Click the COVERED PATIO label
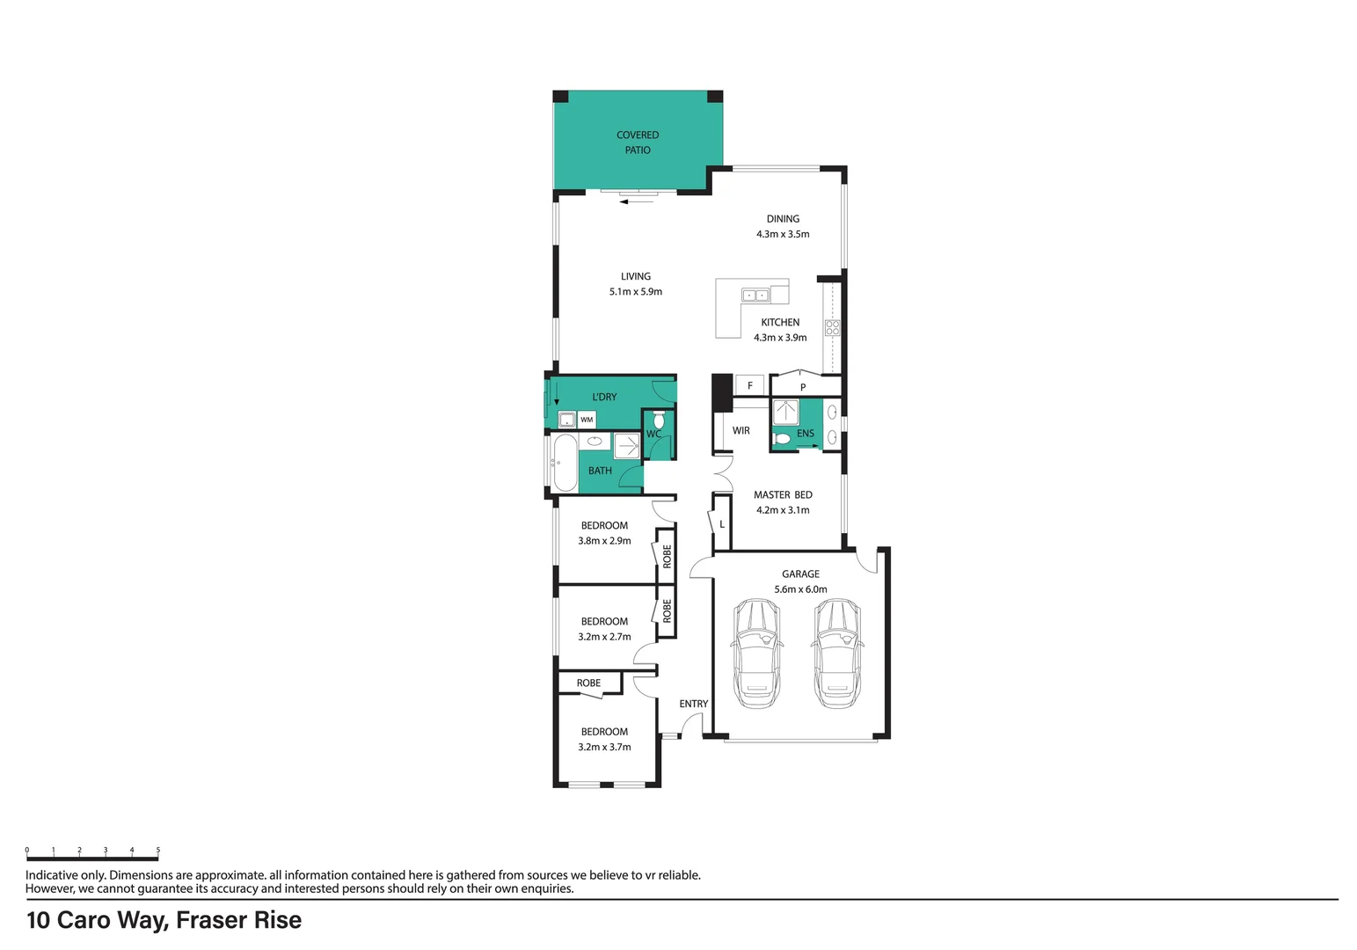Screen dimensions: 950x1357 tap(638, 142)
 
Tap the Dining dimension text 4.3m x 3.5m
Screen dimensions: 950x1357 tap(783, 234)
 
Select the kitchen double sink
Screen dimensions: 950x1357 tap(755, 295)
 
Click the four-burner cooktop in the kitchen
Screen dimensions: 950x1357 tap(832, 328)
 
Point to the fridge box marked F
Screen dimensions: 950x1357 tap(749, 385)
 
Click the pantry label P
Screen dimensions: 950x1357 tap(803, 387)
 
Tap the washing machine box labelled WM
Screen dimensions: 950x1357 tap(587, 420)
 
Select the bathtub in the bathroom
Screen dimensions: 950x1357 tap(564, 463)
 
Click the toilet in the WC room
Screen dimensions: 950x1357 tap(660, 421)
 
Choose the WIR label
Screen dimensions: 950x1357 tap(741, 431)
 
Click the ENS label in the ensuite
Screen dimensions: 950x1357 tap(806, 434)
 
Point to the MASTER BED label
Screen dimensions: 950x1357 tap(783, 495)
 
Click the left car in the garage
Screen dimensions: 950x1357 tap(755, 653)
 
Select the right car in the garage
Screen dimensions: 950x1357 tap(836, 653)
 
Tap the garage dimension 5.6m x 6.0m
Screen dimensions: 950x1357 tap(800, 589)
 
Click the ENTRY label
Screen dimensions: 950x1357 tap(693, 704)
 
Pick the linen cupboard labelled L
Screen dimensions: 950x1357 tap(722, 524)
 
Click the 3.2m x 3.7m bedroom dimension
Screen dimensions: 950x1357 tap(604, 747)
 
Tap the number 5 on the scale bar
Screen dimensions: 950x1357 tap(158, 851)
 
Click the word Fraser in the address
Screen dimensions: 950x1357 tap(211, 920)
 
